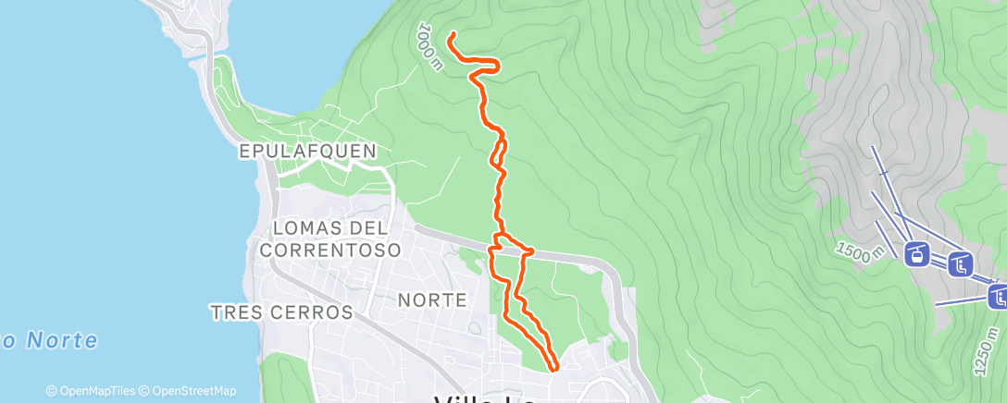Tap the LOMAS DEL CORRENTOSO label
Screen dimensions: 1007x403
coord(330,238)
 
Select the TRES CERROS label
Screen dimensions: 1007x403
coord(281,312)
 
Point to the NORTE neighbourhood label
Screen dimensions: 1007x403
coord(430,299)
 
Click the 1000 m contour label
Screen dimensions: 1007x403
coord(430,44)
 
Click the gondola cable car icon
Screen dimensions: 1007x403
coord(916,254)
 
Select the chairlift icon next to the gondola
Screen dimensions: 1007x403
coord(961,265)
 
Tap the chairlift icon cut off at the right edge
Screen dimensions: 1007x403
coord(998,297)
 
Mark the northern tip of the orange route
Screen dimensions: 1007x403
coord(452,36)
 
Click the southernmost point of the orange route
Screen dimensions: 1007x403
coord(554,369)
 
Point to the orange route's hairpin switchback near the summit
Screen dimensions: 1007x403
coord(497,64)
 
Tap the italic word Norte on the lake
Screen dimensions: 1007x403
coord(60,340)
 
